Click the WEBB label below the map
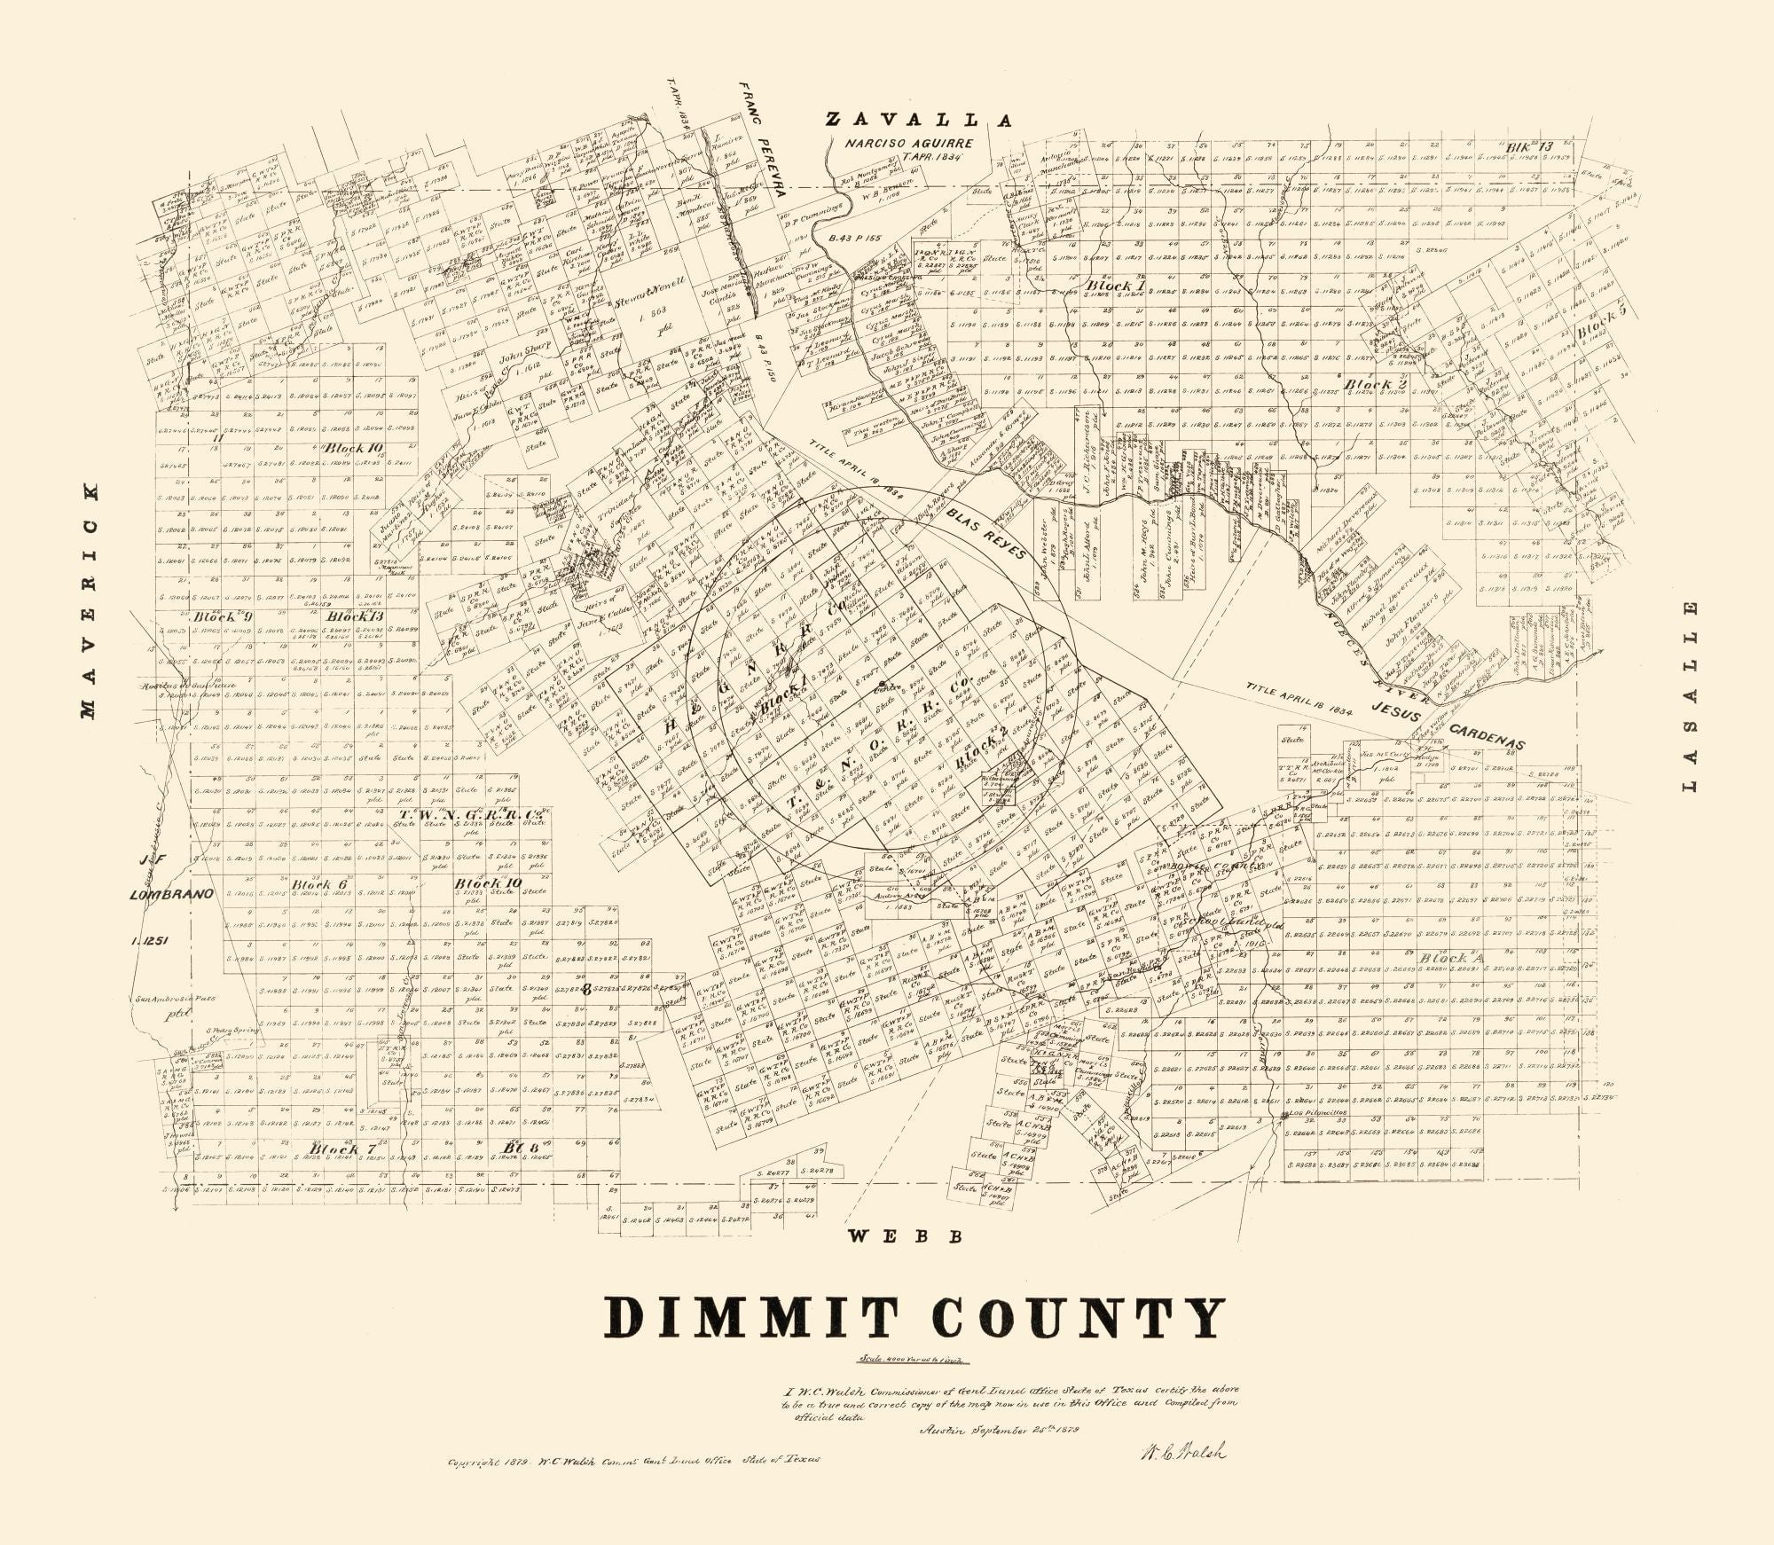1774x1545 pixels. click(904, 1236)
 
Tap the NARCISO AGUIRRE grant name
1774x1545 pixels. click(908, 143)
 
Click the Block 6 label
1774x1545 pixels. click(318, 884)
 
